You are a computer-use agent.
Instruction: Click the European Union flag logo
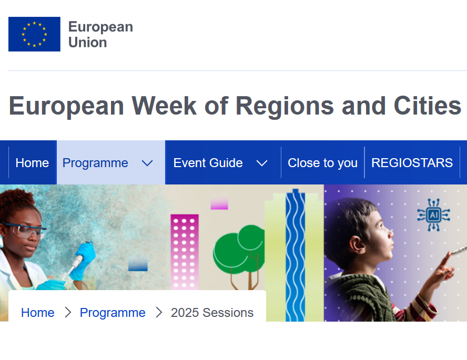pos(34,34)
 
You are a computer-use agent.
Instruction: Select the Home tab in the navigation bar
pos(32,163)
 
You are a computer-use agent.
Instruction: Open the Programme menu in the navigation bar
pos(95,163)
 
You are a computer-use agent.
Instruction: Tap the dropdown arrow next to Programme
pos(147,163)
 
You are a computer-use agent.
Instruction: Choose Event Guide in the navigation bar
pos(208,163)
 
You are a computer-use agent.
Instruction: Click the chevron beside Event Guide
pos(262,163)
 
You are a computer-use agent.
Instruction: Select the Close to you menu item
pos(322,163)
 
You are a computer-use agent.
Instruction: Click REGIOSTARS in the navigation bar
pos(412,163)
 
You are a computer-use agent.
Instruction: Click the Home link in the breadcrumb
pos(38,313)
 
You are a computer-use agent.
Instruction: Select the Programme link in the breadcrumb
pos(113,313)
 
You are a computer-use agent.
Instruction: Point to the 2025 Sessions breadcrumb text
pos(212,313)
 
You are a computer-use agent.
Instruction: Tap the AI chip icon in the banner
pos(433,215)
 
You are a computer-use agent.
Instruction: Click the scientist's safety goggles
pos(24,230)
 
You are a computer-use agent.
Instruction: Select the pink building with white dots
pos(185,252)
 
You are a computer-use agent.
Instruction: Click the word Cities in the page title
pos(428,106)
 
